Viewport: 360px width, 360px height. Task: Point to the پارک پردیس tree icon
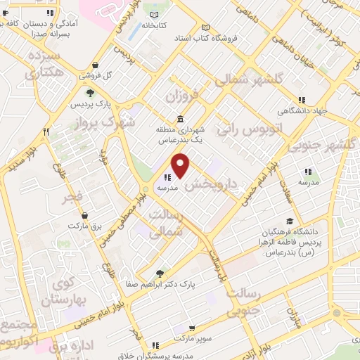(x=89, y=93)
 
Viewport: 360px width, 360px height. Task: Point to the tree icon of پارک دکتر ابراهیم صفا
(x=161, y=274)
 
